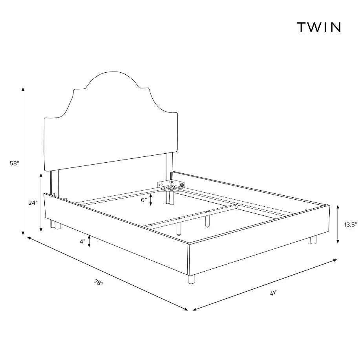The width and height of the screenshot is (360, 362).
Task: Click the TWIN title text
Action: (318, 27)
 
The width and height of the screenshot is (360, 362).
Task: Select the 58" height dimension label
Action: (14, 164)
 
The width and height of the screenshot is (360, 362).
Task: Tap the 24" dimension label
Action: (33, 203)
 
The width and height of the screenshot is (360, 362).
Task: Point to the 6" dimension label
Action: (144, 200)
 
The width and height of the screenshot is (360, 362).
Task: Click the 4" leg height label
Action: (82, 241)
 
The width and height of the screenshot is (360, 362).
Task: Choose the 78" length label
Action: (99, 282)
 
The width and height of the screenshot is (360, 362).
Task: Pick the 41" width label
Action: (273, 293)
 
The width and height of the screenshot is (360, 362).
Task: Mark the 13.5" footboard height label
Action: (351, 225)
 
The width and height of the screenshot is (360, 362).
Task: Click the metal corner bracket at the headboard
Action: (171, 186)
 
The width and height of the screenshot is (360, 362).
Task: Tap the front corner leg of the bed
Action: (192, 279)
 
